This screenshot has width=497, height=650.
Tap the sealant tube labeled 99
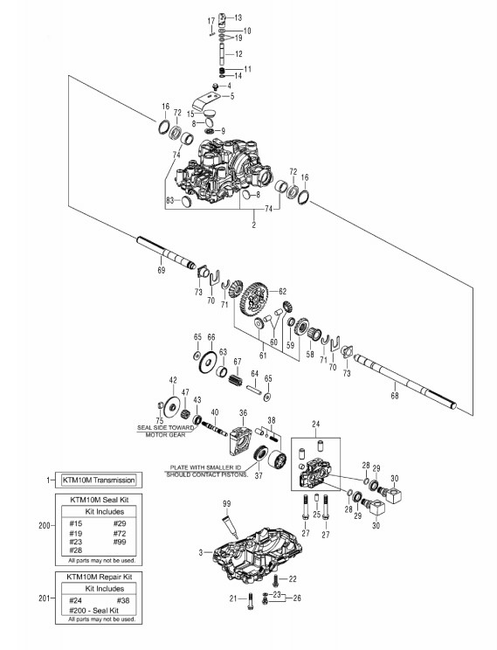click(x=230, y=528)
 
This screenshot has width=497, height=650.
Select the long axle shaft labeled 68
click(x=405, y=382)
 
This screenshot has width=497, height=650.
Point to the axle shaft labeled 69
click(x=166, y=252)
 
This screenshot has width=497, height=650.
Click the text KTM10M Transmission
click(x=98, y=480)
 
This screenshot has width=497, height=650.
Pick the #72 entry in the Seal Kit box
click(x=120, y=534)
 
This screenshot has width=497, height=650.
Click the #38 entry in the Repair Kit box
click(x=123, y=600)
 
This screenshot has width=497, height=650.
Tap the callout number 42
click(x=173, y=380)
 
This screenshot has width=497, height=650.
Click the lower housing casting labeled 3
click(x=259, y=552)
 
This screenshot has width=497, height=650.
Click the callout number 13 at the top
click(x=238, y=17)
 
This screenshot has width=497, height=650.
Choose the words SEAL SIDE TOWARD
click(x=165, y=427)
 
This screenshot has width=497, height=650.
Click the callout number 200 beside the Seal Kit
click(x=45, y=526)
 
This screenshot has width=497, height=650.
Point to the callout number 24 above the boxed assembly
click(x=316, y=424)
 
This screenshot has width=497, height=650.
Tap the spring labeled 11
click(x=222, y=70)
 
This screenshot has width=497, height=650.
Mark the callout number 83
click(x=169, y=201)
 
